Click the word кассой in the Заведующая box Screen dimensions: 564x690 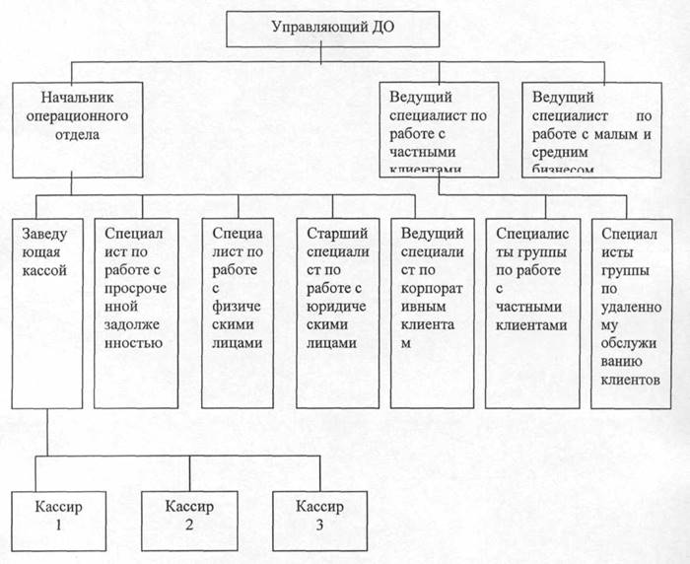pyautogui.click(x=43, y=269)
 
